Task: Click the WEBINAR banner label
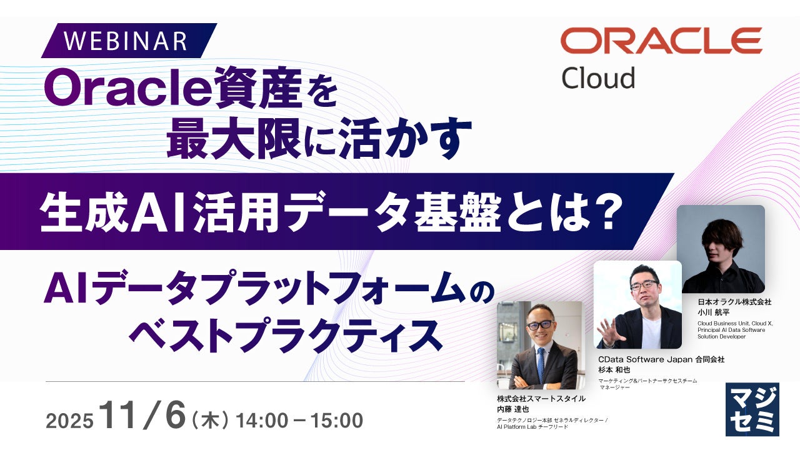pos(126,41)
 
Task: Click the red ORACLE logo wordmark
pos(661,41)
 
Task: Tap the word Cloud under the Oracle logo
pos(599,78)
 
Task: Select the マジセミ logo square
pos(752,409)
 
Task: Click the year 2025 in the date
pos(69,421)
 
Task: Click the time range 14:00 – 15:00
pos(299,421)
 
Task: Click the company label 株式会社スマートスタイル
pos(541,399)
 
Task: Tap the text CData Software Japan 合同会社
pos(661,359)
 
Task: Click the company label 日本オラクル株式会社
pos(734,302)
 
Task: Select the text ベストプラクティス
pos(286,336)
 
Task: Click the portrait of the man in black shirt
pos(721,249)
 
